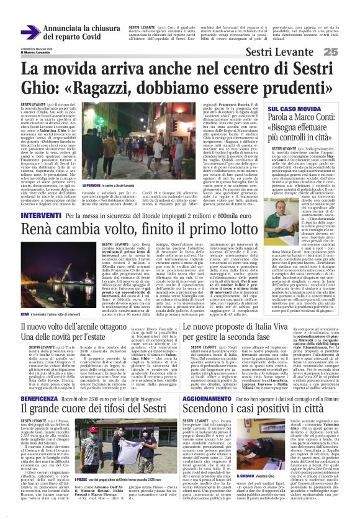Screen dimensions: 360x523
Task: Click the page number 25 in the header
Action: coord(347,52)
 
